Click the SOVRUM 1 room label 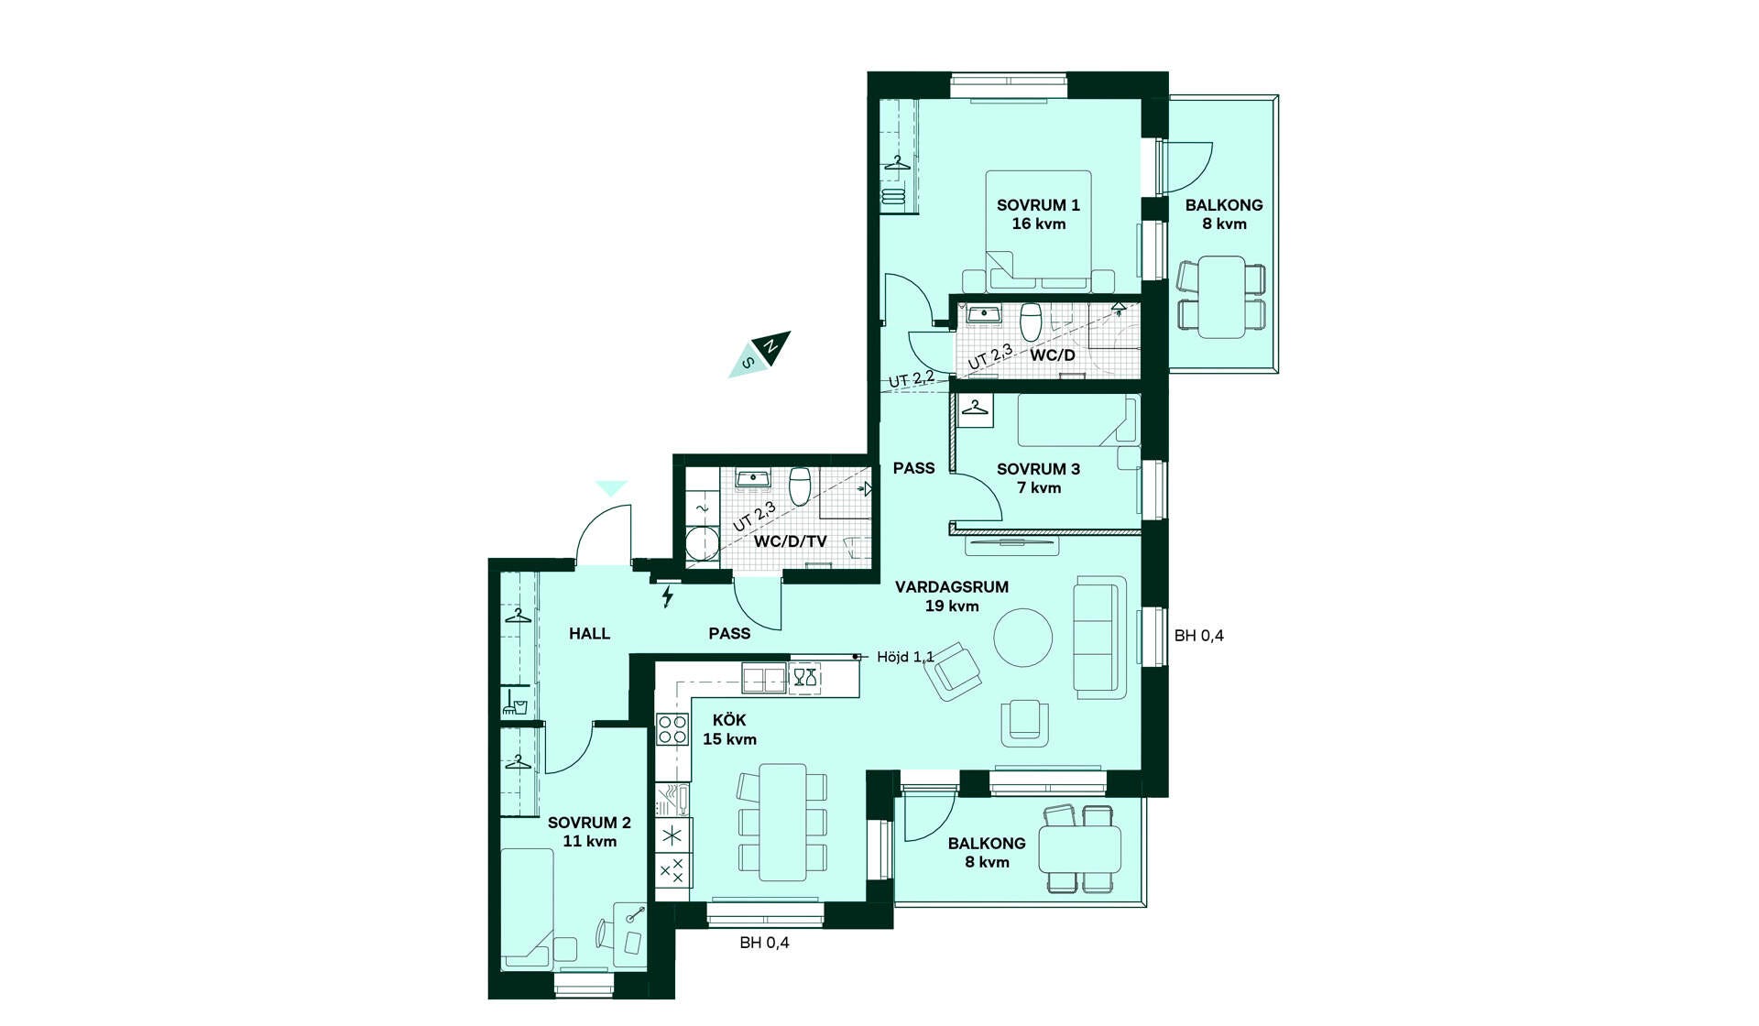click(1038, 205)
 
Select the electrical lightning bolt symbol click(668, 596)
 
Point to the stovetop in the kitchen click(672, 730)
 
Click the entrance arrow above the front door click(611, 488)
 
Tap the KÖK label click(729, 720)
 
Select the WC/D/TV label click(790, 541)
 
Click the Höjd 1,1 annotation click(905, 657)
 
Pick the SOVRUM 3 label click(1038, 469)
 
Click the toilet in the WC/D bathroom click(1032, 321)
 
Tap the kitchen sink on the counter click(764, 679)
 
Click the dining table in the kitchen click(783, 822)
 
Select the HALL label click(589, 633)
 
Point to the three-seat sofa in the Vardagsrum click(1099, 636)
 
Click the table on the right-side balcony click(1222, 297)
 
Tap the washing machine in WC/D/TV click(703, 542)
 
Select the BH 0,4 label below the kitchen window click(764, 943)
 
